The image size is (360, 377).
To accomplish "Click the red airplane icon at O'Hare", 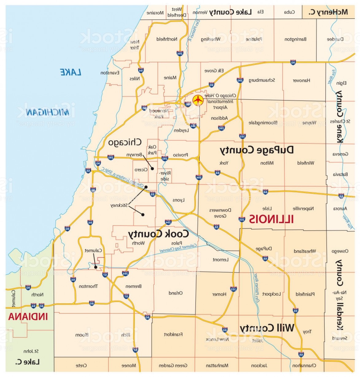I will [198, 100].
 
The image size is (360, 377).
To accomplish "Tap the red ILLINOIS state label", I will [271, 219].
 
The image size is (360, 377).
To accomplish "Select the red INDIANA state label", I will [28, 317].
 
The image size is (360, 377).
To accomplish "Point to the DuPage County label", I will [257, 150].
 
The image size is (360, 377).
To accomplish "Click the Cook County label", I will [158, 234].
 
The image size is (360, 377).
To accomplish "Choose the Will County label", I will [267, 328].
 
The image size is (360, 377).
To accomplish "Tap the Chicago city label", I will [125, 142].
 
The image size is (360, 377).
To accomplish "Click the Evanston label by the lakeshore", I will [110, 73].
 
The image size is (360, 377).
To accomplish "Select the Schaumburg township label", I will [262, 80].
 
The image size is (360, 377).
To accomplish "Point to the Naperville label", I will [303, 208].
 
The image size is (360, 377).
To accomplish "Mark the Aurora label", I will [340, 208].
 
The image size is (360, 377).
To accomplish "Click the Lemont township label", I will [220, 260].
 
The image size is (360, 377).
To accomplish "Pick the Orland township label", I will [176, 293].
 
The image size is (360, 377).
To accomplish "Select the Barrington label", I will [295, 39].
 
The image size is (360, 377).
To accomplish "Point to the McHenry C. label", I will [328, 12].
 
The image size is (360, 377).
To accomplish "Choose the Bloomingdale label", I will [263, 123].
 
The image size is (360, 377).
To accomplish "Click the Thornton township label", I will [88, 286].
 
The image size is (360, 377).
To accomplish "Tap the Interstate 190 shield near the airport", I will [188, 104].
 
